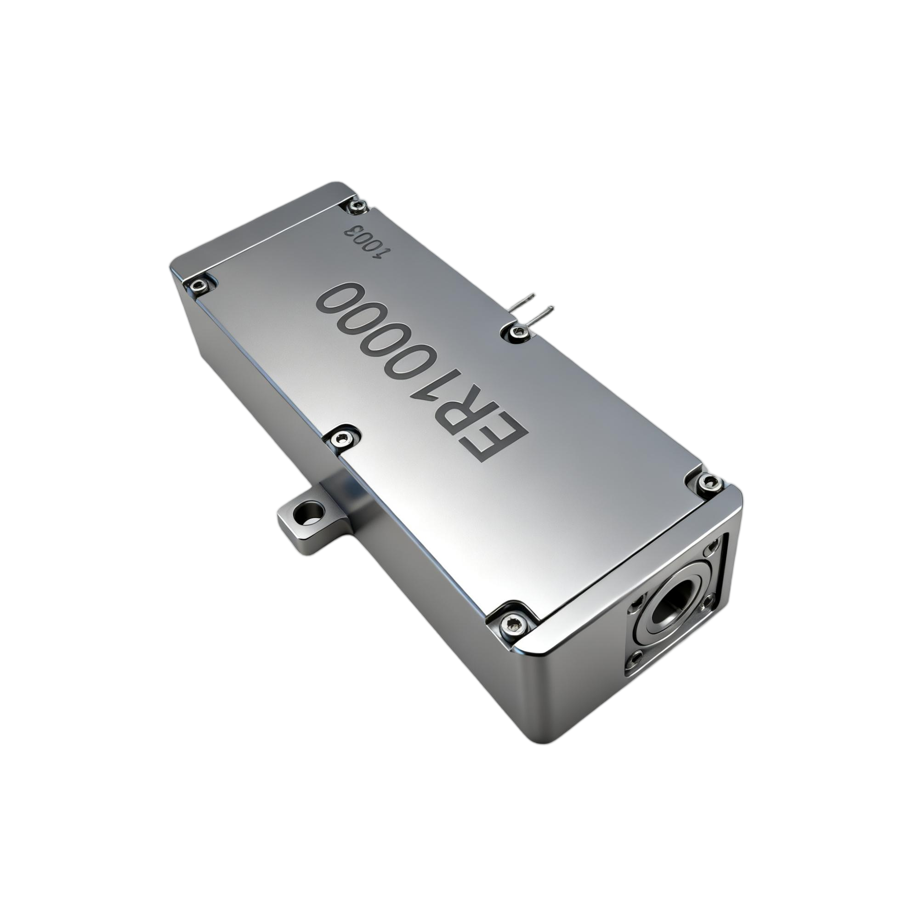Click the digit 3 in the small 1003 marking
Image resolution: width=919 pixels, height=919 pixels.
pyautogui.click(x=354, y=233)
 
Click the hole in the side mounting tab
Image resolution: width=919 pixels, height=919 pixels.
pyautogui.click(x=310, y=514)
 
